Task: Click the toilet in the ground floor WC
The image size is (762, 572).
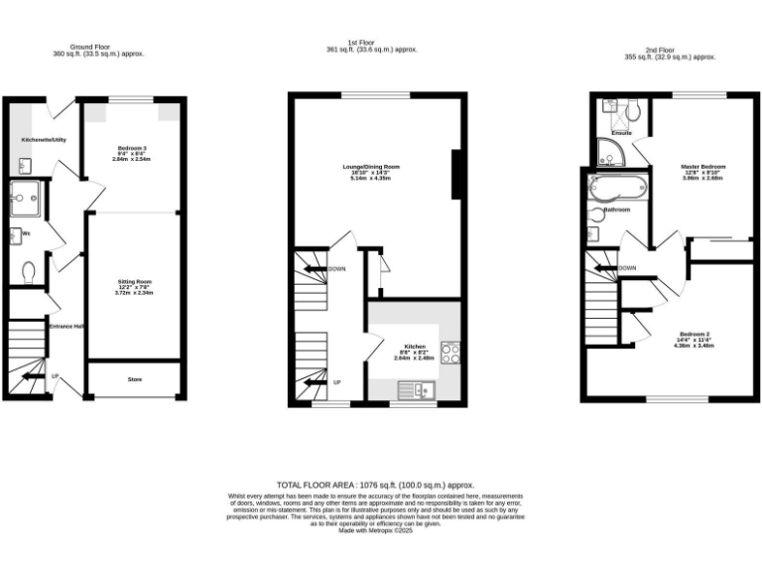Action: click(28, 269)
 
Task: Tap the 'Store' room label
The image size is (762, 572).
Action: click(134, 378)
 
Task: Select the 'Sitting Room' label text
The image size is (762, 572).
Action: click(133, 283)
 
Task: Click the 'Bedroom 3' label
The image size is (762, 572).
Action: click(132, 148)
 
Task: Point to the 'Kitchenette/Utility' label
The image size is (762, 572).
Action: click(44, 140)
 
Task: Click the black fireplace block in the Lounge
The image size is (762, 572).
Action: click(456, 174)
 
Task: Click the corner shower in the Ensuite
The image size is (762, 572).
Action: click(608, 154)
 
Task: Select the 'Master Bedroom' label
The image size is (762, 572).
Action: click(702, 166)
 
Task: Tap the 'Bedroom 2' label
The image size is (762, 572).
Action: click(695, 333)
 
